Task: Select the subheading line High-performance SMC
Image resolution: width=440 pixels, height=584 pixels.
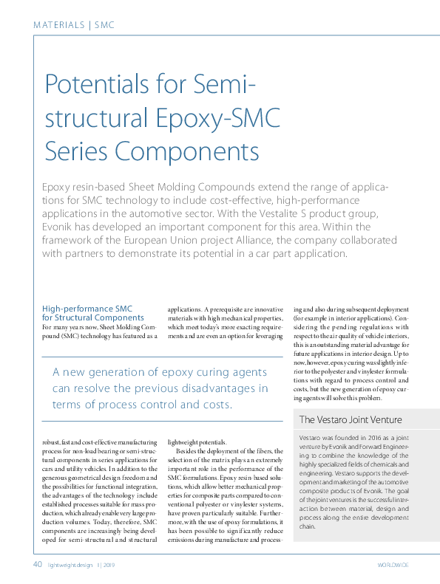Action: (x=87, y=308)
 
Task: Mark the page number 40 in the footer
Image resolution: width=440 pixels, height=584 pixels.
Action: (x=37, y=565)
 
